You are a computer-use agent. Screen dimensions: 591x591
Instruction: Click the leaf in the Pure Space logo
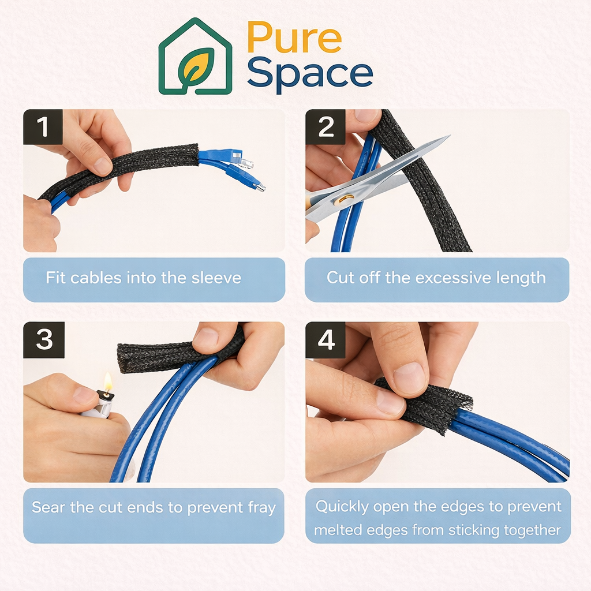196,68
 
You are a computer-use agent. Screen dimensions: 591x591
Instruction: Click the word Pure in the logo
294,38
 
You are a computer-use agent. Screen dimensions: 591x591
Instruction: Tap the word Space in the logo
310,74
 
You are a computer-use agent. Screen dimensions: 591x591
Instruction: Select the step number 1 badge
43,127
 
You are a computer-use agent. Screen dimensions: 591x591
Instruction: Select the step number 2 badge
326,127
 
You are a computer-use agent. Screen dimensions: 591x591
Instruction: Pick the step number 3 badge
43,340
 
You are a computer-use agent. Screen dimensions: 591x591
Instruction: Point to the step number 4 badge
326,340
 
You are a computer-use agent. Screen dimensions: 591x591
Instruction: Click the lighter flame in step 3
107,382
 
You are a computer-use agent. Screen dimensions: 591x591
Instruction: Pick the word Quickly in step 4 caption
342,507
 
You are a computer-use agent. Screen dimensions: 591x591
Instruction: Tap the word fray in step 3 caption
261,508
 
